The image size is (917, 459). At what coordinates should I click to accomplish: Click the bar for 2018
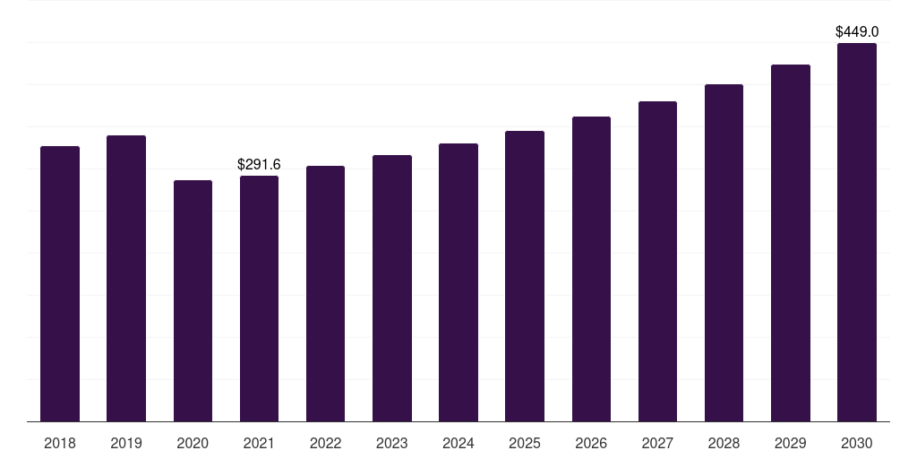[x=60, y=283]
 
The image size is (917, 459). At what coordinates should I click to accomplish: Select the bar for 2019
[x=126, y=278]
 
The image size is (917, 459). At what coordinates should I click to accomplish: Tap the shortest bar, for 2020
[x=193, y=300]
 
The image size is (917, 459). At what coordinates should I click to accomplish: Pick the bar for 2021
[x=259, y=299]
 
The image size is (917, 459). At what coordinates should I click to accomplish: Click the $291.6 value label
[x=259, y=165]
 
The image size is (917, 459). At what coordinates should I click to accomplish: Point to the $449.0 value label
[x=857, y=32]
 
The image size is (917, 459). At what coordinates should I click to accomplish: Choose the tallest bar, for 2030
[x=857, y=232]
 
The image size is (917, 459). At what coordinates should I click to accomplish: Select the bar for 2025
[x=525, y=276]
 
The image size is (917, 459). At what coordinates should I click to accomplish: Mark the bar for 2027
[x=657, y=261]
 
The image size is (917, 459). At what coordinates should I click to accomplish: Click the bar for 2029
[x=791, y=243]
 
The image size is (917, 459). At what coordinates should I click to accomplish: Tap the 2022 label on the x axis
[x=325, y=443]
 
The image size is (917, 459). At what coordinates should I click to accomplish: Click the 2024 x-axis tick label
[x=458, y=443]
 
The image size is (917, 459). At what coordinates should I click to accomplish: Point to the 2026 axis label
[x=591, y=443]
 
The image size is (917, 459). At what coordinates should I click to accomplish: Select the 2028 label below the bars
[x=724, y=443]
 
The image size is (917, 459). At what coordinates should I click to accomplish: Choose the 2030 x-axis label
[x=857, y=443]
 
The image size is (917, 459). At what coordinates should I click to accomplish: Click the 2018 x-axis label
[x=60, y=443]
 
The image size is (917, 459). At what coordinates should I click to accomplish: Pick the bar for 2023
[x=392, y=288]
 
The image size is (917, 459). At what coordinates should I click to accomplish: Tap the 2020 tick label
[x=193, y=443]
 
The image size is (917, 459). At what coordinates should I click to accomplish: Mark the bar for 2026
[x=591, y=269]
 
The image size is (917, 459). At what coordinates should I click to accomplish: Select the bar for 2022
[x=325, y=293]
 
